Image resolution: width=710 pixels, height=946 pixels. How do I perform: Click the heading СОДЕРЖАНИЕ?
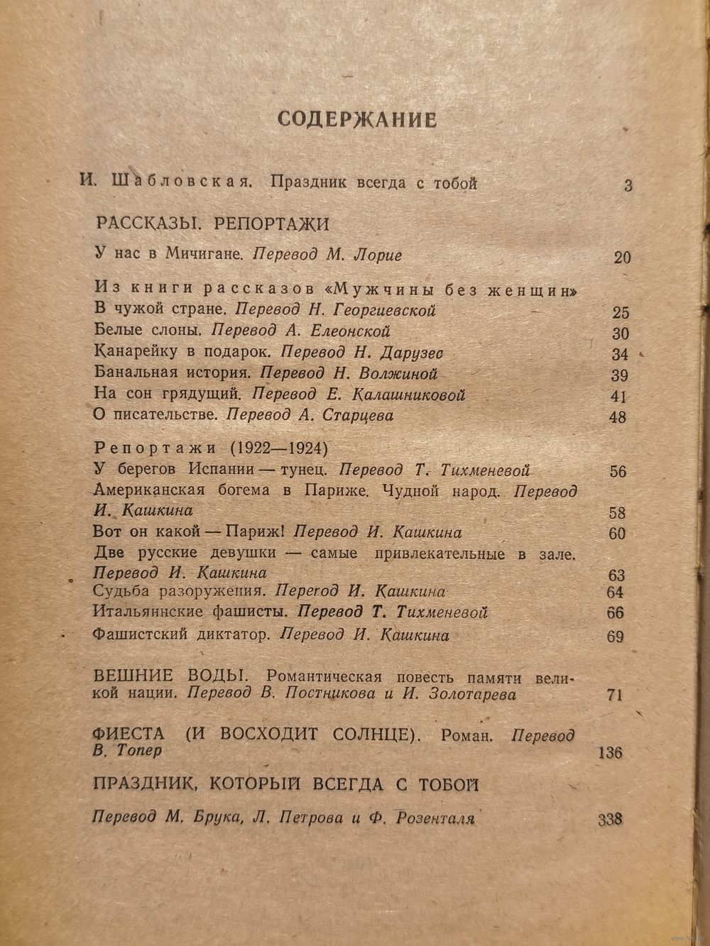pyautogui.click(x=356, y=119)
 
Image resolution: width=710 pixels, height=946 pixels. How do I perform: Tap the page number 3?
pyautogui.click(x=628, y=187)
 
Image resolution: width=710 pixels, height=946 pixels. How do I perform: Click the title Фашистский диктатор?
pyautogui.click(x=181, y=635)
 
